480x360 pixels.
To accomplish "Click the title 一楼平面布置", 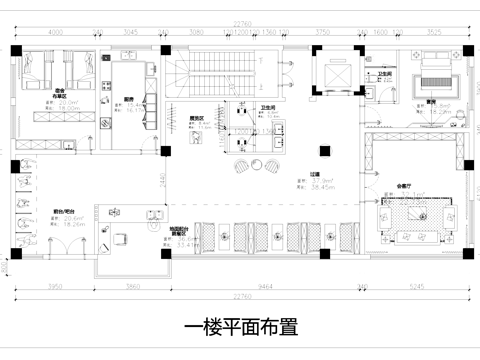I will click(x=240, y=326).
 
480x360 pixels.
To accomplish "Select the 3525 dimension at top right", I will click(x=433, y=32).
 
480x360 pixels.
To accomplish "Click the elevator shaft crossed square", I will click(x=332, y=75).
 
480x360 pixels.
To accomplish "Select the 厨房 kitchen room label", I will click(x=128, y=98).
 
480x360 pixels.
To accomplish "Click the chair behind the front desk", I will click(x=121, y=237).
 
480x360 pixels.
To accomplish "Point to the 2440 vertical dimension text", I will click(x=162, y=180).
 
